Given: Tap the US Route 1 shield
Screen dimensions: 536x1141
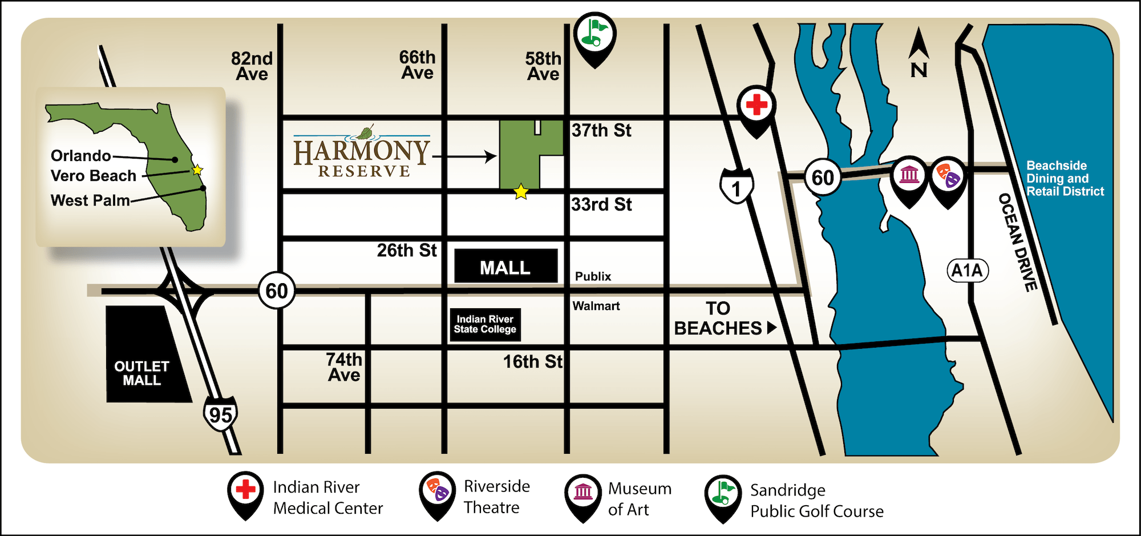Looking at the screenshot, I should click(736, 187).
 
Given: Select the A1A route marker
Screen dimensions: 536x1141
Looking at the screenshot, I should click(967, 270).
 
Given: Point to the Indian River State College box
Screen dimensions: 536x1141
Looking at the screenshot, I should click(485, 324).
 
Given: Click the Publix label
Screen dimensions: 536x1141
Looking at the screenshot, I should click(593, 276).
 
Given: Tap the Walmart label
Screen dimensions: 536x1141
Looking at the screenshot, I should click(596, 306).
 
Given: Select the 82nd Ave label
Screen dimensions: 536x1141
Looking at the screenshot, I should click(252, 66).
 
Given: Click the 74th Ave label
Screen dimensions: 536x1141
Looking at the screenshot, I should click(344, 367).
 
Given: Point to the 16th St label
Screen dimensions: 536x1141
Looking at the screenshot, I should click(532, 361).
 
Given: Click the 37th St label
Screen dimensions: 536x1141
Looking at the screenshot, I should click(601, 131).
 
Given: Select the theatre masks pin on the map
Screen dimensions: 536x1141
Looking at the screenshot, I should click(948, 175).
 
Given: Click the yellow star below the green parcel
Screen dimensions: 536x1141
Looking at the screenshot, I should click(521, 192).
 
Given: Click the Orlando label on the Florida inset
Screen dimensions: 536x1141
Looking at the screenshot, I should click(81, 156).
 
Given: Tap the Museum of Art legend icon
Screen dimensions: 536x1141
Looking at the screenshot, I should click(583, 493).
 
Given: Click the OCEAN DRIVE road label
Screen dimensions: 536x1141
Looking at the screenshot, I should click(1017, 243).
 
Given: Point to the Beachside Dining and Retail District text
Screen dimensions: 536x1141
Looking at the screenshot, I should click(1065, 179).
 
